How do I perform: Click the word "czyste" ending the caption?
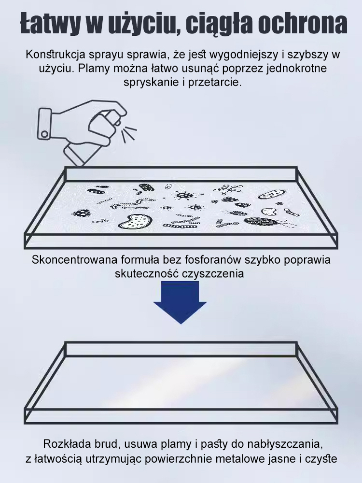click(322, 458)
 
